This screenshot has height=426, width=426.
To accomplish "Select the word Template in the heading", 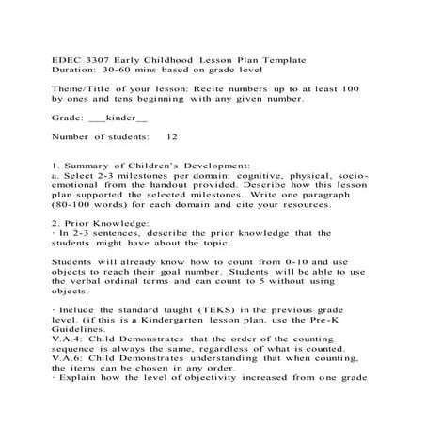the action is tap(279, 60).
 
